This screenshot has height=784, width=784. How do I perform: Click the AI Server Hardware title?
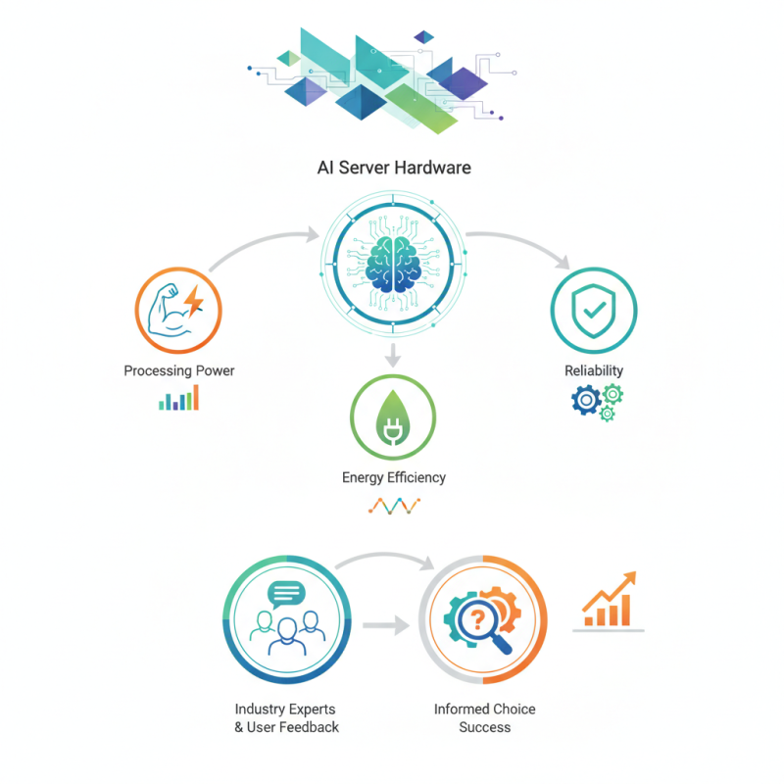click(394, 168)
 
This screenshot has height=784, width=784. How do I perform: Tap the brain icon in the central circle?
click(393, 264)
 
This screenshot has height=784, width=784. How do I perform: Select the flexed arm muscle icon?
click(169, 311)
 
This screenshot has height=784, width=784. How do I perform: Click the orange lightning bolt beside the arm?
click(194, 301)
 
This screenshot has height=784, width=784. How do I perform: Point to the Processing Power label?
click(179, 370)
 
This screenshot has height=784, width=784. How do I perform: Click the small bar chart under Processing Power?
click(179, 398)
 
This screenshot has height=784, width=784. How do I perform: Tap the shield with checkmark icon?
click(594, 311)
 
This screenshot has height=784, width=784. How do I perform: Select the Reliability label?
click(594, 370)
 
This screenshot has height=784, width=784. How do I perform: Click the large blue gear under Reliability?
click(586, 400)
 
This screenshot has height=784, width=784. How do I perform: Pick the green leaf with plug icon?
click(393, 418)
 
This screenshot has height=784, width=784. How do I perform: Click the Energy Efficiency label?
click(394, 477)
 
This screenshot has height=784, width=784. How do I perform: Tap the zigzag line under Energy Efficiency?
click(394, 506)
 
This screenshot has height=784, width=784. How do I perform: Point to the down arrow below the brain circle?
click(393, 355)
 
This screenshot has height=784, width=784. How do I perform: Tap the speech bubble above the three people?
click(286, 594)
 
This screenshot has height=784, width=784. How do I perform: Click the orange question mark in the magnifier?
click(477, 620)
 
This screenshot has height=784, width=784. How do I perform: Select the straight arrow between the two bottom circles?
click(386, 625)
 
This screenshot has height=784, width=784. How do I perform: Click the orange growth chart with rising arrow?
click(609, 602)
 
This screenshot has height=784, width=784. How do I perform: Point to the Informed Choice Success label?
click(484, 718)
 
